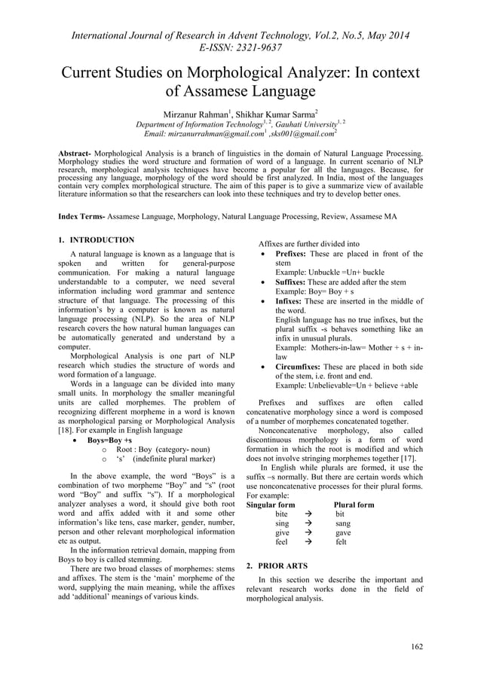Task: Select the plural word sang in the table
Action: [343, 523]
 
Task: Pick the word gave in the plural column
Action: [343, 532]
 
